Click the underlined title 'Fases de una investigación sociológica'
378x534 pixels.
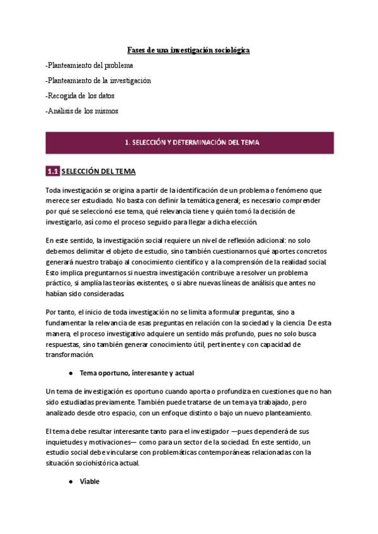(x=189, y=49)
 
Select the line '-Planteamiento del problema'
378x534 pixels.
(x=89, y=65)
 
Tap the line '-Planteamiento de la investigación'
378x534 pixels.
(x=98, y=81)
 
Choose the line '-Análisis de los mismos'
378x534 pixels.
(x=82, y=111)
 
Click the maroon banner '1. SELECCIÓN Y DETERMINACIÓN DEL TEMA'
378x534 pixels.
(x=188, y=142)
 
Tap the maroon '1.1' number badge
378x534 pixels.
(x=52, y=171)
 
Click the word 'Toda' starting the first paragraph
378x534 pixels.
(x=54, y=190)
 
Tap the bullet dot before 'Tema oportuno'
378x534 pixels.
(x=72, y=373)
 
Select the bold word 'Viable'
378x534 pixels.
(x=90, y=480)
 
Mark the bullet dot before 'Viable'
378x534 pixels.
(x=72, y=480)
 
